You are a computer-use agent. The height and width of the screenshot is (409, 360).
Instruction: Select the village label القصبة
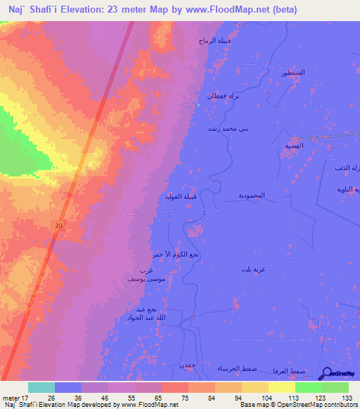click(x=293, y=146)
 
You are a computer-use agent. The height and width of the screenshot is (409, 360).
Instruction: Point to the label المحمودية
click(x=251, y=195)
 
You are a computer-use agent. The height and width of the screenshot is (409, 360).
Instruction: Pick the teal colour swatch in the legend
click(x=41, y=387)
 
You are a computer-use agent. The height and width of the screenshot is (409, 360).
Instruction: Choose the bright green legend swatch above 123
click(x=309, y=387)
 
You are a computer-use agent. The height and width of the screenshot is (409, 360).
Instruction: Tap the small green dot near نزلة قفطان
click(x=199, y=106)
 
